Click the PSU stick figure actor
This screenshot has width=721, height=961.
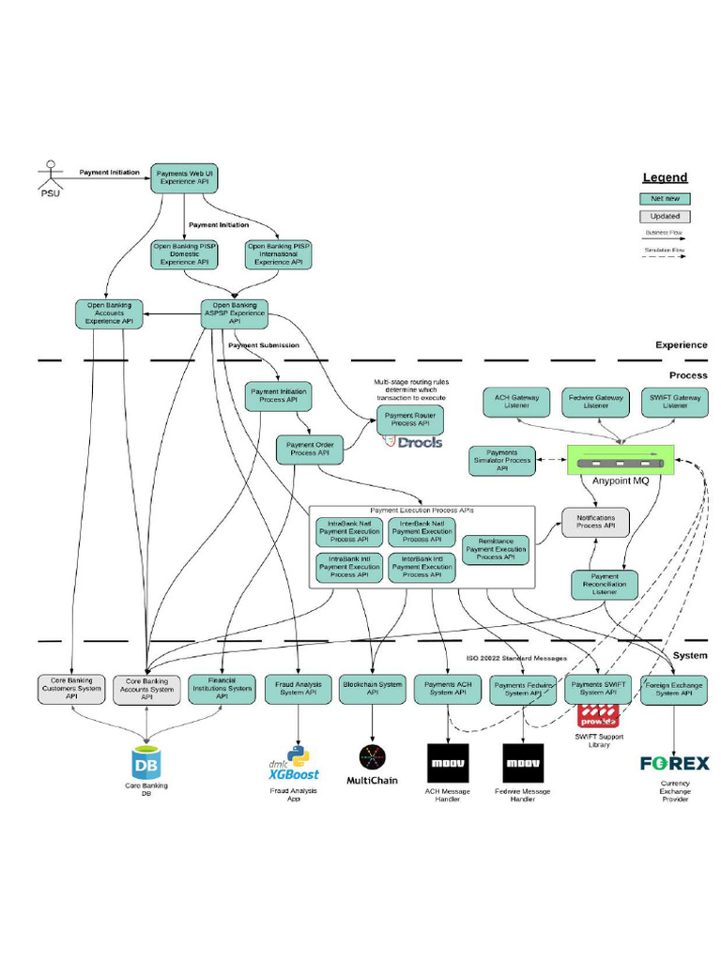[x=48, y=175]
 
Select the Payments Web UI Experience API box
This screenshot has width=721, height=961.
[x=184, y=177]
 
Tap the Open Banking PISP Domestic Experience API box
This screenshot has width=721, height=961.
[x=184, y=254]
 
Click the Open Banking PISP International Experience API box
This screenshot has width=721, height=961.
[x=278, y=254]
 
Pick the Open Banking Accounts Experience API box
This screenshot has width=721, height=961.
[x=109, y=313]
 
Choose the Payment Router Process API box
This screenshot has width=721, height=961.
[x=410, y=419]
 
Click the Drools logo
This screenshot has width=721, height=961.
[x=413, y=442]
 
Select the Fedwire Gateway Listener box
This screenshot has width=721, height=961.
[x=595, y=403]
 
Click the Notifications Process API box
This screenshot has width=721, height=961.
[x=595, y=522]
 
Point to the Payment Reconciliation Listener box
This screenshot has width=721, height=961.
[x=605, y=585]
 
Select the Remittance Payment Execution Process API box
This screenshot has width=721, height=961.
[x=496, y=549]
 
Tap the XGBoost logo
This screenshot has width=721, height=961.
[x=293, y=767]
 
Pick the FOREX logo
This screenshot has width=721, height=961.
[x=674, y=763]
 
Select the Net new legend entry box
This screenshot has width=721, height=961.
[x=665, y=199]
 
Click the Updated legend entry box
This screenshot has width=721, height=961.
[x=665, y=216]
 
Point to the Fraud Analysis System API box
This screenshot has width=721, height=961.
[x=298, y=689]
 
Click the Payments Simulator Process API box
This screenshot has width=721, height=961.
[x=501, y=461]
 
